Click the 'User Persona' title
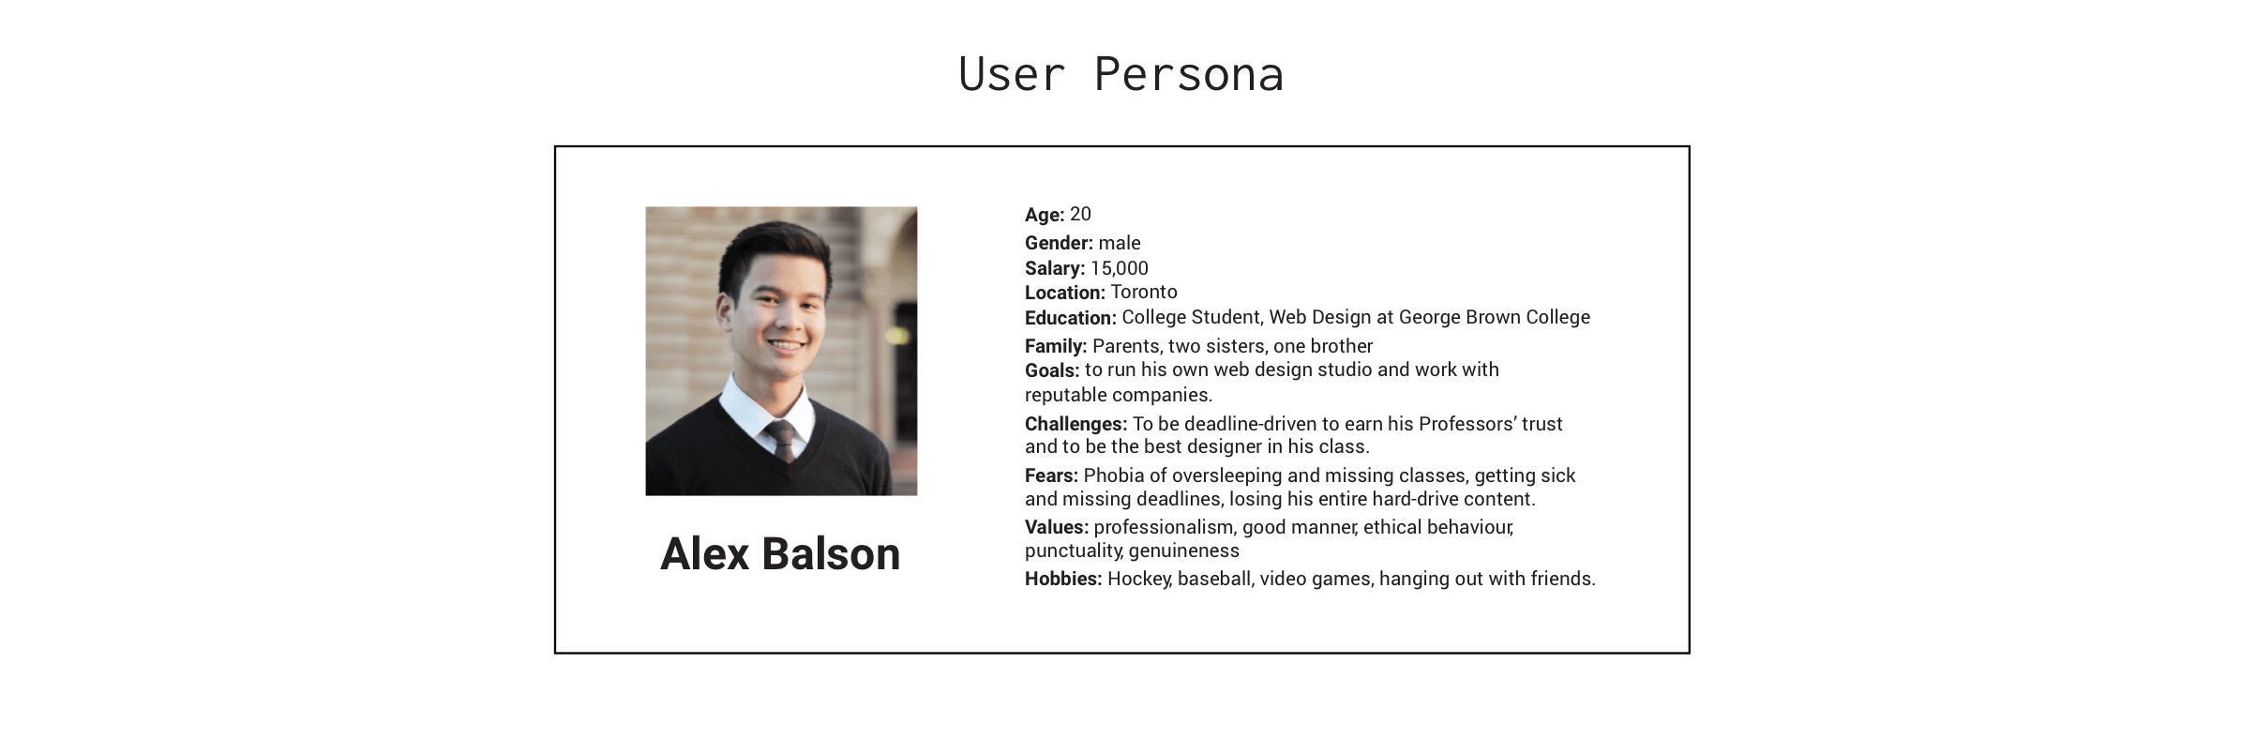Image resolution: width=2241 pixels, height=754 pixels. click(x=1120, y=74)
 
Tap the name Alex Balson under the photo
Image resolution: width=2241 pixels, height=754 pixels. click(x=780, y=553)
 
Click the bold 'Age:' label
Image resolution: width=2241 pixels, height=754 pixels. click(x=1045, y=215)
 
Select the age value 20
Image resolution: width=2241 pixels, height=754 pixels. click(x=1080, y=214)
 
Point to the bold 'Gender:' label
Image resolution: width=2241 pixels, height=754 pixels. click(x=1059, y=243)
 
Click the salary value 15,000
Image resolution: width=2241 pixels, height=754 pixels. click(x=1119, y=268)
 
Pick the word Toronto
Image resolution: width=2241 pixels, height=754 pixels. click(x=1144, y=292)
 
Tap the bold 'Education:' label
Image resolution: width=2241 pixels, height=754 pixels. click(x=1071, y=318)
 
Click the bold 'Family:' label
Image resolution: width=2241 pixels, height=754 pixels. click(x=1056, y=346)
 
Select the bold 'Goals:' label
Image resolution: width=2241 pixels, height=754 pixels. click(x=1052, y=370)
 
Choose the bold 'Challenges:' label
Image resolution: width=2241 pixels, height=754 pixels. click(x=1075, y=424)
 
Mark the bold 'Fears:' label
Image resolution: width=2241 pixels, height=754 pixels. click(x=1051, y=475)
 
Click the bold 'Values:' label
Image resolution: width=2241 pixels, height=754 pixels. click(x=1057, y=527)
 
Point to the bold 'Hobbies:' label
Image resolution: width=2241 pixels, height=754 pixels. click(x=1063, y=579)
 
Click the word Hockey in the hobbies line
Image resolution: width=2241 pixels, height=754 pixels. click(x=1139, y=580)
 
